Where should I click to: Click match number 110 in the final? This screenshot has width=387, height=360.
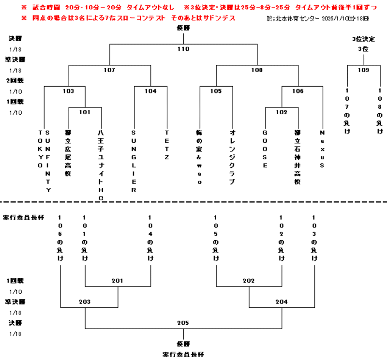[183, 49]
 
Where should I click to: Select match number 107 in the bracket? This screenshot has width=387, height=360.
[109, 70]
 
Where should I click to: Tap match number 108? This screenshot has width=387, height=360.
[257, 70]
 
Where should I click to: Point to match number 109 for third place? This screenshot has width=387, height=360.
[363, 70]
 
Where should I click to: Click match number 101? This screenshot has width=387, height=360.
[85, 112]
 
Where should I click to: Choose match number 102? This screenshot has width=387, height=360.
[282, 112]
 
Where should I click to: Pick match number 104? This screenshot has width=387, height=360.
[150, 91]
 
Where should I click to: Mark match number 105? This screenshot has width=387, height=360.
[216, 91]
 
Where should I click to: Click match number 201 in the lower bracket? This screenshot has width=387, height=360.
[118, 281]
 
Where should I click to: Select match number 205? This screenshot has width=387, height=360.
[183, 323]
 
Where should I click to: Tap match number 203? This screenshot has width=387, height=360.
[85, 302]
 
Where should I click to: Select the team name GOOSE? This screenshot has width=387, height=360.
[265, 149]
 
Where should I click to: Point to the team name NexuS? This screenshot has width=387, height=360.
[322, 149]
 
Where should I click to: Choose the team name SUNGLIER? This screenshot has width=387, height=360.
[134, 161]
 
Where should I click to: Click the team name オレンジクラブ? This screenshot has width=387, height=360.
[232, 157]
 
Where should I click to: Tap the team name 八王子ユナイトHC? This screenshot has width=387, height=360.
[101, 165]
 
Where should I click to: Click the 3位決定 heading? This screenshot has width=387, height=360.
[363, 39]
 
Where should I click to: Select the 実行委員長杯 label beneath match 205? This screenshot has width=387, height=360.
[183, 354]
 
